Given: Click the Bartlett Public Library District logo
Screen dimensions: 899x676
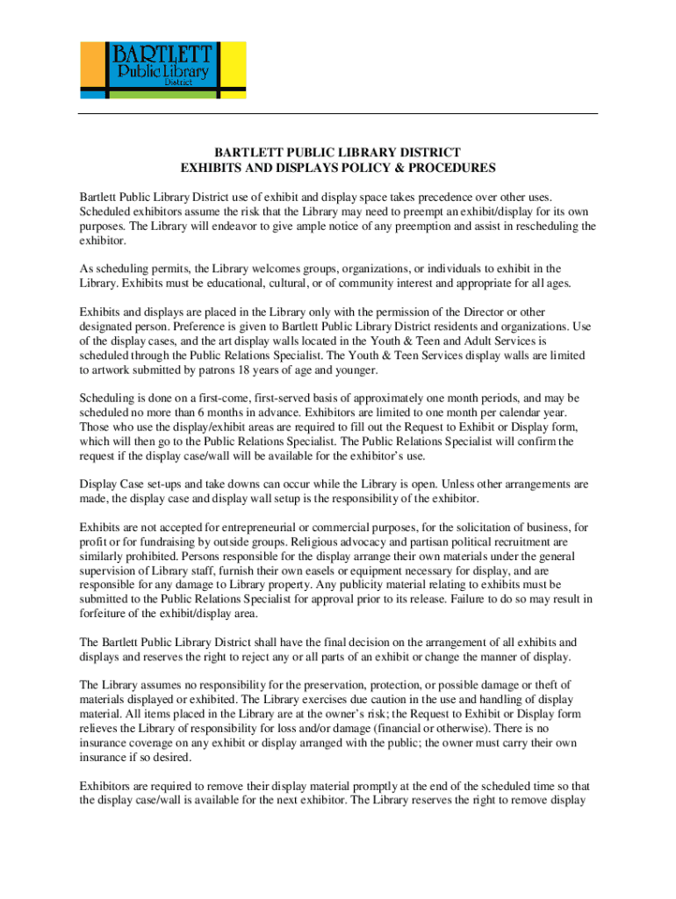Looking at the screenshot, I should pos(162,69).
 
